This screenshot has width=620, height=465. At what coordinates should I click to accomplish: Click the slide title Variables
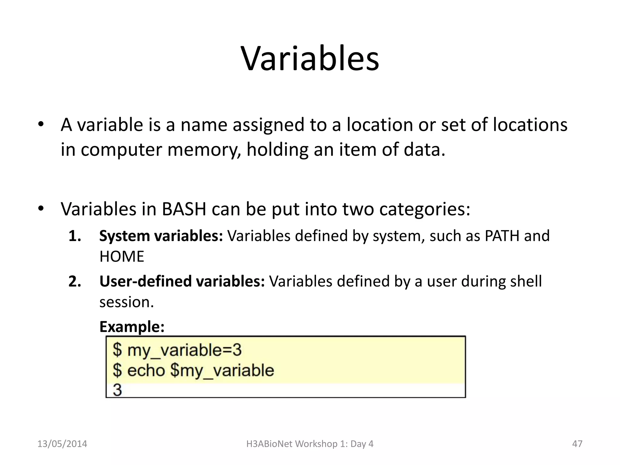310,59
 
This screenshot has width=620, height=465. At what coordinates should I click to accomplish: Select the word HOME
122,257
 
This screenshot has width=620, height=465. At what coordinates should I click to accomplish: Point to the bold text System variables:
161,236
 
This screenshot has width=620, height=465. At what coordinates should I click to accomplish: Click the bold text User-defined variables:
182,281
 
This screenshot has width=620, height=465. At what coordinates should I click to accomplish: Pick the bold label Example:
132,327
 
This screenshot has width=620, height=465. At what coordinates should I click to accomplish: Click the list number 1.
74,236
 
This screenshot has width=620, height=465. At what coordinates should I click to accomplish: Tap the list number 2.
74,282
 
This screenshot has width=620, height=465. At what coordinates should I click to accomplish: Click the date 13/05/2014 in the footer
62,444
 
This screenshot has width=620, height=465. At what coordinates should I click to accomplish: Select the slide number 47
577,444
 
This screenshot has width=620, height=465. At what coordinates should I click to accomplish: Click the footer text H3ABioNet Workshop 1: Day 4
310,444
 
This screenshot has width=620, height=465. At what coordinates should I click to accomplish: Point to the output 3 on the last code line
117,390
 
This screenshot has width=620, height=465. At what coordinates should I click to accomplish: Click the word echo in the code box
146,371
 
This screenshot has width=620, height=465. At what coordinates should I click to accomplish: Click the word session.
127,302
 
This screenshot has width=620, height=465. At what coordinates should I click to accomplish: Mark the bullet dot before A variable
41,124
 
